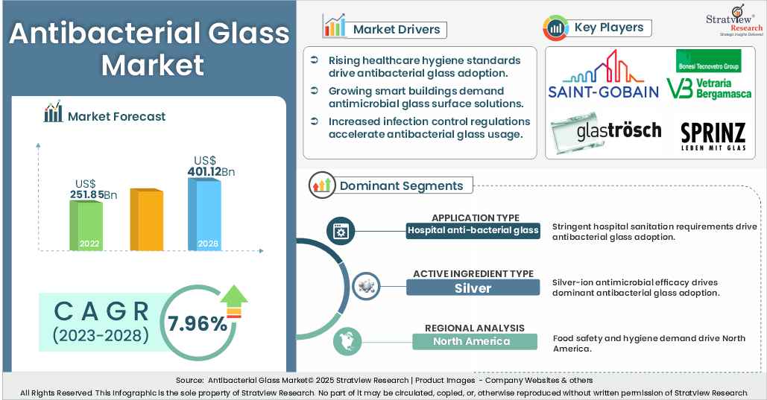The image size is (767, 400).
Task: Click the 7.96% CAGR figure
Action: (197, 323)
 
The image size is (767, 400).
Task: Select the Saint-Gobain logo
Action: (604, 76)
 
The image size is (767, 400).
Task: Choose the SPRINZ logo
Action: (713, 136)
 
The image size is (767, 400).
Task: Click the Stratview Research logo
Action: (734, 21)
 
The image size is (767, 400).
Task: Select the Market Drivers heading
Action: (397, 29)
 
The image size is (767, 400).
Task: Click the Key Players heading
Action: (608, 28)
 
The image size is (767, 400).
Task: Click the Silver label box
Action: (473, 288)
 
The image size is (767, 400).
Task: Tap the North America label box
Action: (473, 341)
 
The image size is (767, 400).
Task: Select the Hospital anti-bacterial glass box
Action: (473, 230)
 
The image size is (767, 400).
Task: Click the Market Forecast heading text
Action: (116, 116)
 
